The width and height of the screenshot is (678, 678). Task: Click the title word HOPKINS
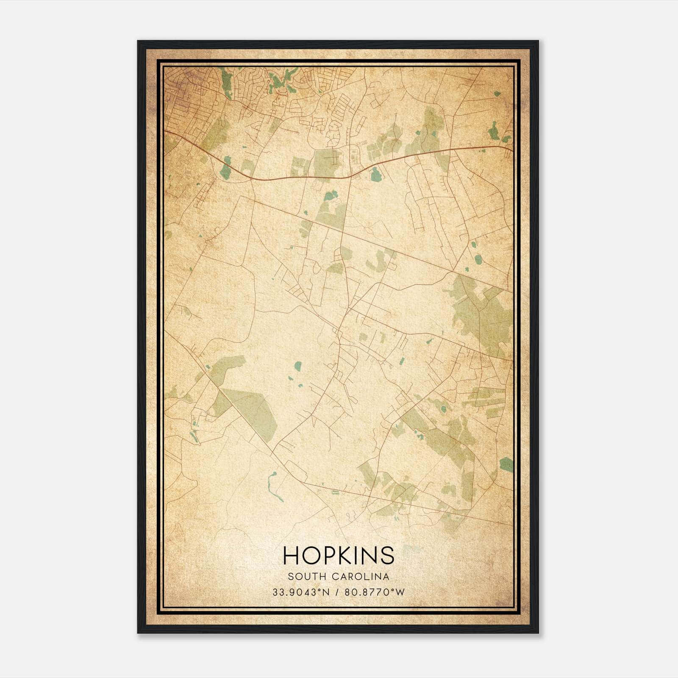click(x=339, y=555)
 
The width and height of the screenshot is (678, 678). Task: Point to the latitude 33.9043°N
click(x=301, y=592)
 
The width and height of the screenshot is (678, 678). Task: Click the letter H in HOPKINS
click(x=291, y=555)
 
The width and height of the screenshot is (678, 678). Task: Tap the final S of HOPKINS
click(x=388, y=555)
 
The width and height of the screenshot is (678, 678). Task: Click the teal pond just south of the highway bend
click(x=375, y=174)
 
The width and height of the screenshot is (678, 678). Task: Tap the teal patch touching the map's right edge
click(x=506, y=464)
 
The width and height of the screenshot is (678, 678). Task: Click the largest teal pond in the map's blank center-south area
click(x=298, y=365)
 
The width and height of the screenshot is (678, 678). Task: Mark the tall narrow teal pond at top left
click(x=225, y=81)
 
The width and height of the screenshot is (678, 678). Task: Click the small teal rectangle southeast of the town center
click(x=401, y=361)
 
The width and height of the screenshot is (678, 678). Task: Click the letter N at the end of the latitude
click(x=325, y=592)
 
